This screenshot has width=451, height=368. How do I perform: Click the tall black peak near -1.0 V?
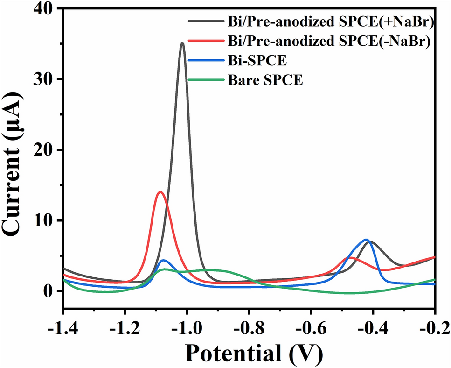tap(182, 43)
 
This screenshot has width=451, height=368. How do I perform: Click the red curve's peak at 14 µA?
tap(160, 192)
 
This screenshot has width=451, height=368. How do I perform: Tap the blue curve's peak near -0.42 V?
tap(367, 240)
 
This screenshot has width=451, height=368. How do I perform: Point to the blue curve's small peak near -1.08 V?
tap(164, 260)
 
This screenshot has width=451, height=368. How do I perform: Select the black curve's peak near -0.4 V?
tap(373, 242)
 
